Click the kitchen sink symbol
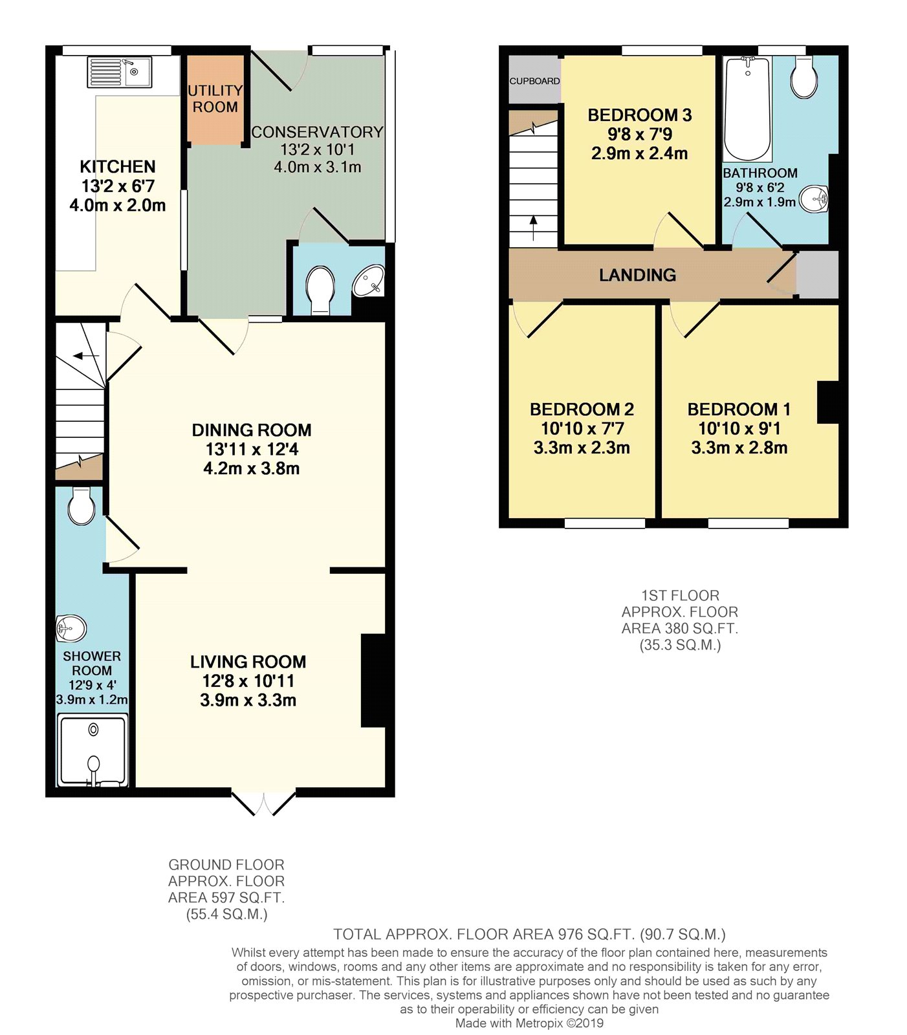(119, 72)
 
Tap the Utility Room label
(215, 99)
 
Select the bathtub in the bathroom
(747, 109)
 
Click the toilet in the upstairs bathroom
(803, 78)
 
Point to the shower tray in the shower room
(93, 750)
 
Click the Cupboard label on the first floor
(534, 81)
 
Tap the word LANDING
(637, 276)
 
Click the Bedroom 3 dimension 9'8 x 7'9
(639, 135)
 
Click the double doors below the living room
(264, 803)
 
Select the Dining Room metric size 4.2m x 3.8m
(252, 468)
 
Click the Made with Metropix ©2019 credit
(529, 1023)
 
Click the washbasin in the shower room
(72, 627)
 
